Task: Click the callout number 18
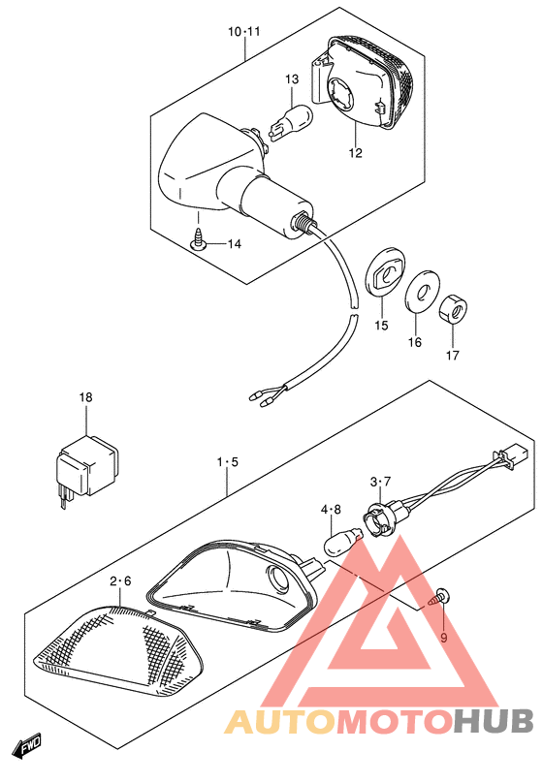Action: click(86, 398)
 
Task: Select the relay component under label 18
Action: click(87, 463)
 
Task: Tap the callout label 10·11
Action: click(244, 32)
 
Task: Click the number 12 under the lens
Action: click(355, 153)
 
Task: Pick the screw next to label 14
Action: click(198, 239)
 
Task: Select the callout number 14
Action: click(233, 244)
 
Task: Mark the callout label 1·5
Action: click(227, 463)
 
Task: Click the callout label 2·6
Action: click(120, 581)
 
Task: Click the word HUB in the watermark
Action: click(495, 722)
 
